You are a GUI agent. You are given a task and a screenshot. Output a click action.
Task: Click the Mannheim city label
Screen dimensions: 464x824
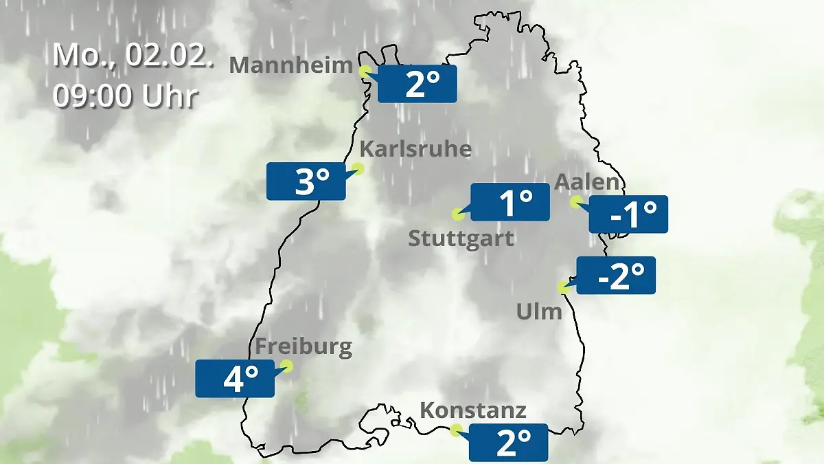290,65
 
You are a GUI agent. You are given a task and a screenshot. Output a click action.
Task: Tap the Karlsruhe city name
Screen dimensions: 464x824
415,148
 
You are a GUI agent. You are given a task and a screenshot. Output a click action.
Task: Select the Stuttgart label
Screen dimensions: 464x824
461,239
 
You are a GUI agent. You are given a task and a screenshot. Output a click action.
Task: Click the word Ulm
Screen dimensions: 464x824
539,312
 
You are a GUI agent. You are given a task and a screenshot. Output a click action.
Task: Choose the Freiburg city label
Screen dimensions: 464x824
304,347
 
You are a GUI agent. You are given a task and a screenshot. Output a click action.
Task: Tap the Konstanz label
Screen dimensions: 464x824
472,411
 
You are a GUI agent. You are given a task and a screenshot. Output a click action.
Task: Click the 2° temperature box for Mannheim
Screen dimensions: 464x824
417,85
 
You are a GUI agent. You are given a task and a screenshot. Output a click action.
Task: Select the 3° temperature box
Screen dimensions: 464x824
306,181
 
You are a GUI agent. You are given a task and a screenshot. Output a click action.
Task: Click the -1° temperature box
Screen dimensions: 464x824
628,214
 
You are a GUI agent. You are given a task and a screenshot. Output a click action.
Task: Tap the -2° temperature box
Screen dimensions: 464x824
616,276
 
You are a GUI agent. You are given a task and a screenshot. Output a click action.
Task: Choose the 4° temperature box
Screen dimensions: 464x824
235,378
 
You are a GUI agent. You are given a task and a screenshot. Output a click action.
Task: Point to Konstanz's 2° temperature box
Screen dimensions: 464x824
508,443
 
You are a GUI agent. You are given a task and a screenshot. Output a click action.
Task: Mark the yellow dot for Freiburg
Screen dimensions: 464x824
287,366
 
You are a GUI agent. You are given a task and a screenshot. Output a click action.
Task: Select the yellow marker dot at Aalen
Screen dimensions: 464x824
576,201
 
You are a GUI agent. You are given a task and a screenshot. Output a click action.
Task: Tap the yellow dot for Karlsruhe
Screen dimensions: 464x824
358,168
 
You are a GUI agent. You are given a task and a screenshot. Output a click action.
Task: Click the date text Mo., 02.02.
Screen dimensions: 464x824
130,55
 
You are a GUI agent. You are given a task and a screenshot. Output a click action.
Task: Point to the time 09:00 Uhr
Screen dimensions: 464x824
125,96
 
